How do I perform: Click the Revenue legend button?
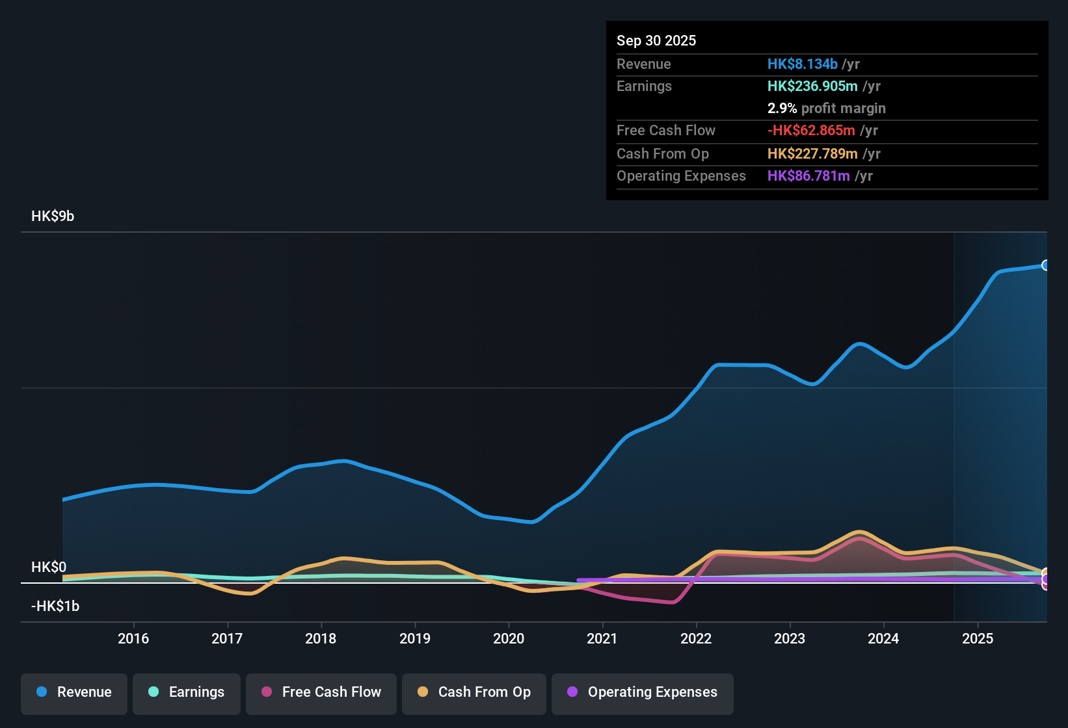pyautogui.click(x=74, y=692)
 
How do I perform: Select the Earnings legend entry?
pyautogui.click(x=187, y=692)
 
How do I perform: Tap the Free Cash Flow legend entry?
pyautogui.click(x=321, y=692)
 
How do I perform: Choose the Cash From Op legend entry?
pyautogui.click(x=474, y=692)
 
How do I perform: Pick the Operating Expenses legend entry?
pyautogui.click(x=643, y=692)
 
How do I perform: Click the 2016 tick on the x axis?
pyautogui.click(x=133, y=638)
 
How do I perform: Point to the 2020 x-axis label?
pyautogui.click(x=509, y=638)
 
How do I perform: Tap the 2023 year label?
pyautogui.click(x=790, y=638)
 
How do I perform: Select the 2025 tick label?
pyautogui.click(x=978, y=638)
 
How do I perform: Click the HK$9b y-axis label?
pyautogui.click(x=53, y=216)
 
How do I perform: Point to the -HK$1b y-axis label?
pyautogui.click(x=55, y=606)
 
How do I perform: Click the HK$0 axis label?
pyautogui.click(x=49, y=567)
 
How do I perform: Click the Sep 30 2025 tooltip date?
pyautogui.click(x=656, y=41)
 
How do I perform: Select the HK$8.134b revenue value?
pyautogui.click(x=802, y=64)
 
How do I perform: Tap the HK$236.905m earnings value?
pyautogui.click(x=812, y=86)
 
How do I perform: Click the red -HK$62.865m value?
pyautogui.click(x=811, y=131)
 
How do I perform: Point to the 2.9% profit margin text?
pyautogui.click(x=826, y=109)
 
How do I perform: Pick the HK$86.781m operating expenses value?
pyautogui.click(x=808, y=176)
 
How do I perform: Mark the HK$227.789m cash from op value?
pyautogui.click(x=812, y=154)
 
